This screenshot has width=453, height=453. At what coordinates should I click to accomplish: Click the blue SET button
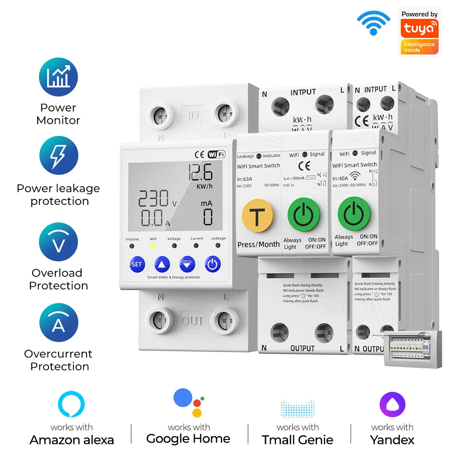coord(136,264)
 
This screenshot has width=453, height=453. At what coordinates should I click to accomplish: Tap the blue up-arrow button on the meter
coord(162,264)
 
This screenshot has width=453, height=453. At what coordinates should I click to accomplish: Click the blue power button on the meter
coord(212,264)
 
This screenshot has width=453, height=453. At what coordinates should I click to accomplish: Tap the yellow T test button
coord(257,217)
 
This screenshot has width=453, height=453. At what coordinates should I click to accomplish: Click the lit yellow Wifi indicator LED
coord(153,246)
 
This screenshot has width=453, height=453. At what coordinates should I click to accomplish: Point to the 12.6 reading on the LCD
coord(200,173)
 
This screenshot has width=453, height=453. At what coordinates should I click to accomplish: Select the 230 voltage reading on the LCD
coord(154,199)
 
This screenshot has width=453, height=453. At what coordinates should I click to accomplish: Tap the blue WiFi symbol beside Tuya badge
coord(373,23)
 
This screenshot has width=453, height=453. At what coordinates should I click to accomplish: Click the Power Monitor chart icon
coord(58,77)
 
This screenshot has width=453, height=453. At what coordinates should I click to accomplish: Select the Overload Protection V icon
coord(58,242)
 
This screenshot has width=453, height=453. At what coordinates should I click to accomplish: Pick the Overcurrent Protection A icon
coord(58,323)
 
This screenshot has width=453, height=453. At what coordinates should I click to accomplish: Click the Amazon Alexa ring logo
coord(72,405)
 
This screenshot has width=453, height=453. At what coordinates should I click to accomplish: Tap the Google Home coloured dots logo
coord(188,403)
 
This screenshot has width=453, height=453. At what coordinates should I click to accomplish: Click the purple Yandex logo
coord(392,405)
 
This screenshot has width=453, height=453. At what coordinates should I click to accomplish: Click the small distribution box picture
coord(412,348)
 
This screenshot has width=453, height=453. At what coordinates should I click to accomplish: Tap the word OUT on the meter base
coord(193,321)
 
